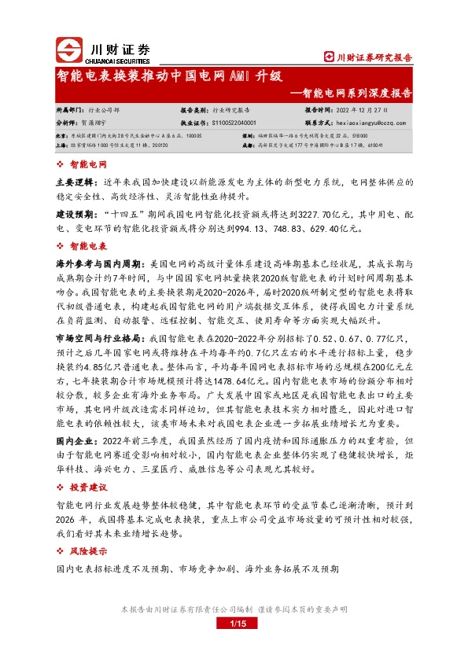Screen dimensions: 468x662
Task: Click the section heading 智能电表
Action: coord(88,246)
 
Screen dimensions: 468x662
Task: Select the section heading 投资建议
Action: coord(88,487)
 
